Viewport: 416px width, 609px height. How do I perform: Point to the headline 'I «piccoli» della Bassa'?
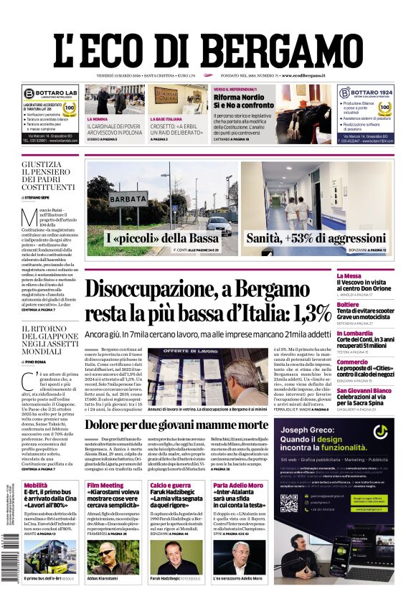coord(163,237)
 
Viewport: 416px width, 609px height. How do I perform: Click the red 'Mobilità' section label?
coord(37,486)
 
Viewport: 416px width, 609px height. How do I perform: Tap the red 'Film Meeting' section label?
coord(105,486)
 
